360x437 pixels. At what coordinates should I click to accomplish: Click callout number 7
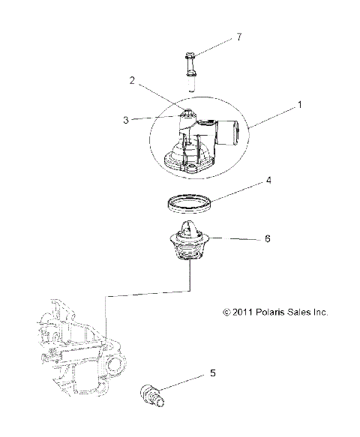click(218, 35)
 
